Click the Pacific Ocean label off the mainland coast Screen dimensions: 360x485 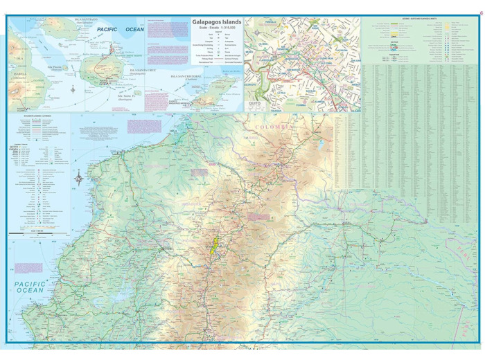click(x=29, y=287)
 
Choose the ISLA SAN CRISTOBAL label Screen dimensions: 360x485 click(x=191, y=77)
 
